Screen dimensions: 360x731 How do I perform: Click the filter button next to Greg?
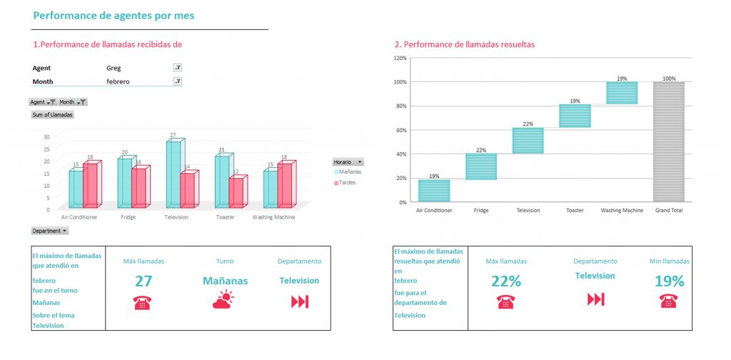pyautogui.click(x=178, y=68)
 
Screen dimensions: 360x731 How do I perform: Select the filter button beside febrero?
pyautogui.click(x=178, y=81)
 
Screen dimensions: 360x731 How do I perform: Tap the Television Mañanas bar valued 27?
pyautogui.click(x=173, y=174)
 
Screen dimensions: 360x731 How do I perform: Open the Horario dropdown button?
pyautogui.click(x=359, y=163)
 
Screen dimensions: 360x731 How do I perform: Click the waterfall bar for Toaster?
pyautogui.click(x=575, y=116)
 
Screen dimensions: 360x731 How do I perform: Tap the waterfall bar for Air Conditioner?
pyautogui.click(x=434, y=191)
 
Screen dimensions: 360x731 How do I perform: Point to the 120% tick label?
pyautogui.click(x=400, y=58)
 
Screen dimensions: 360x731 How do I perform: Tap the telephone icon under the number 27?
pyautogui.click(x=142, y=302)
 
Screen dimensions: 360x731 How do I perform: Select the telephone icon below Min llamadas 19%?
pyautogui.click(x=669, y=301)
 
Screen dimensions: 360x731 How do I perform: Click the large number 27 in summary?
pyautogui.click(x=144, y=281)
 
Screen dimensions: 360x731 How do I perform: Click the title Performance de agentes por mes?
pyautogui.click(x=114, y=15)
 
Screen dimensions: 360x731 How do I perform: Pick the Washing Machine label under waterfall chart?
pyautogui.click(x=622, y=211)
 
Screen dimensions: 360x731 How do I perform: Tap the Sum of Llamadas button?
pyautogui.click(x=52, y=114)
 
